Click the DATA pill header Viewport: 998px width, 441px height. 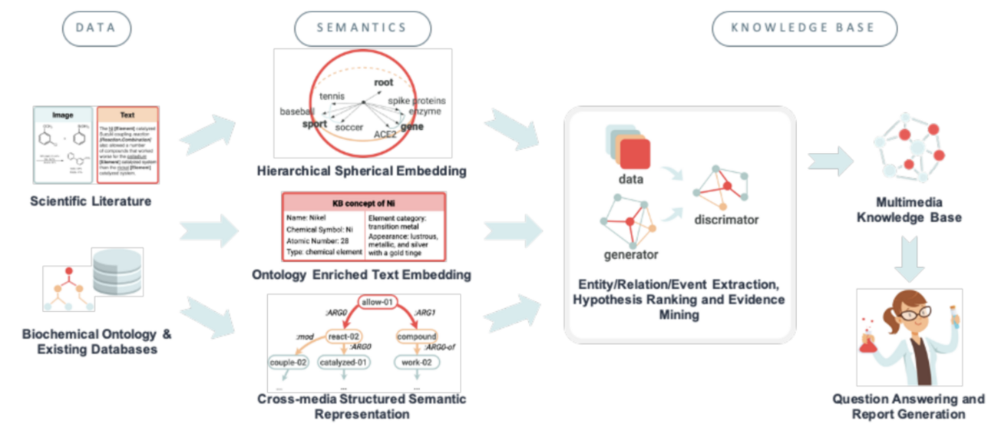click(96, 28)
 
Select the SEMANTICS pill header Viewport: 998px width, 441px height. click(362, 28)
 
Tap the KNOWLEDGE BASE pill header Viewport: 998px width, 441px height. click(804, 28)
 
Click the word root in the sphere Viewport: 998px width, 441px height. click(383, 82)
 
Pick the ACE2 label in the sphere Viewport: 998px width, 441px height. click(386, 134)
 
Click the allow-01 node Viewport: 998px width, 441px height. click(377, 302)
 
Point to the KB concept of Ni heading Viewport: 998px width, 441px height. click(363, 204)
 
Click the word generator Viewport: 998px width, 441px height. click(632, 254)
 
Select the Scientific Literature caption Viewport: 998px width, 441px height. click(91, 202)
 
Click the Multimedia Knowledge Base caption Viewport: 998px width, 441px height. click(908, 211)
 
